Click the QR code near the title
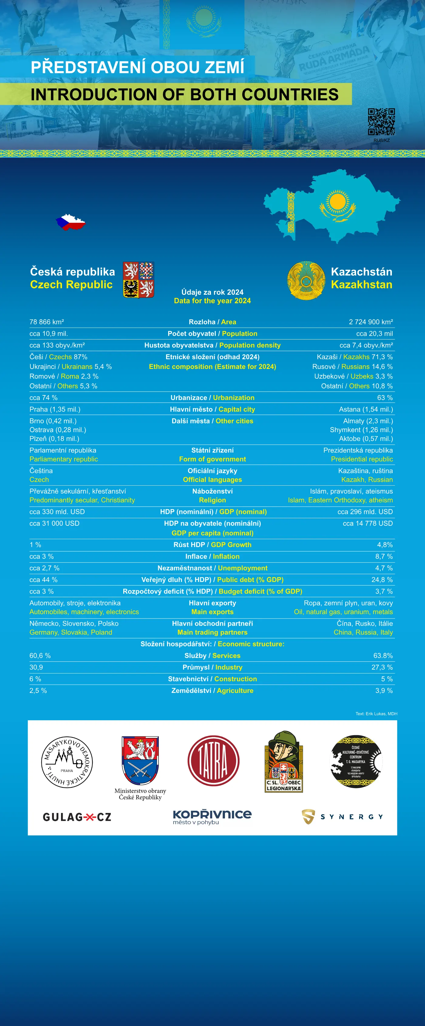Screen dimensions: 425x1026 click(381, 122)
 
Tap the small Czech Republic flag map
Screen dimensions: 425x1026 click(71, 222)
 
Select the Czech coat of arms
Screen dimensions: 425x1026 click(138, 280)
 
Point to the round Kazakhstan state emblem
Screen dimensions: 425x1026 click(306, 281)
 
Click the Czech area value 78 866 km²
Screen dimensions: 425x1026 click(46, 322)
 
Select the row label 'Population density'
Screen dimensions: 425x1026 click(250, 345)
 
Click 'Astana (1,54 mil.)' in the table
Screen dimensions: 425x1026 click(366, 409)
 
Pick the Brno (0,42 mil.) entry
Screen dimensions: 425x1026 click(53, 421)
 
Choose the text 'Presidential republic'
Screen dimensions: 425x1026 click(362, 459)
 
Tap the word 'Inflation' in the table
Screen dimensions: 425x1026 click(226, 556)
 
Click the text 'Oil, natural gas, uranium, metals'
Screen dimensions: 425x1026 click(343, 612)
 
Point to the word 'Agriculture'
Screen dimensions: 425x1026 click(235, 691)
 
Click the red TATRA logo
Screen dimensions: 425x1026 click(213, 760)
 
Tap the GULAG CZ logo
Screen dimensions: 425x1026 click(77, 817)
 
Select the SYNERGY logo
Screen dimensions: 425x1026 click(342, 817)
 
